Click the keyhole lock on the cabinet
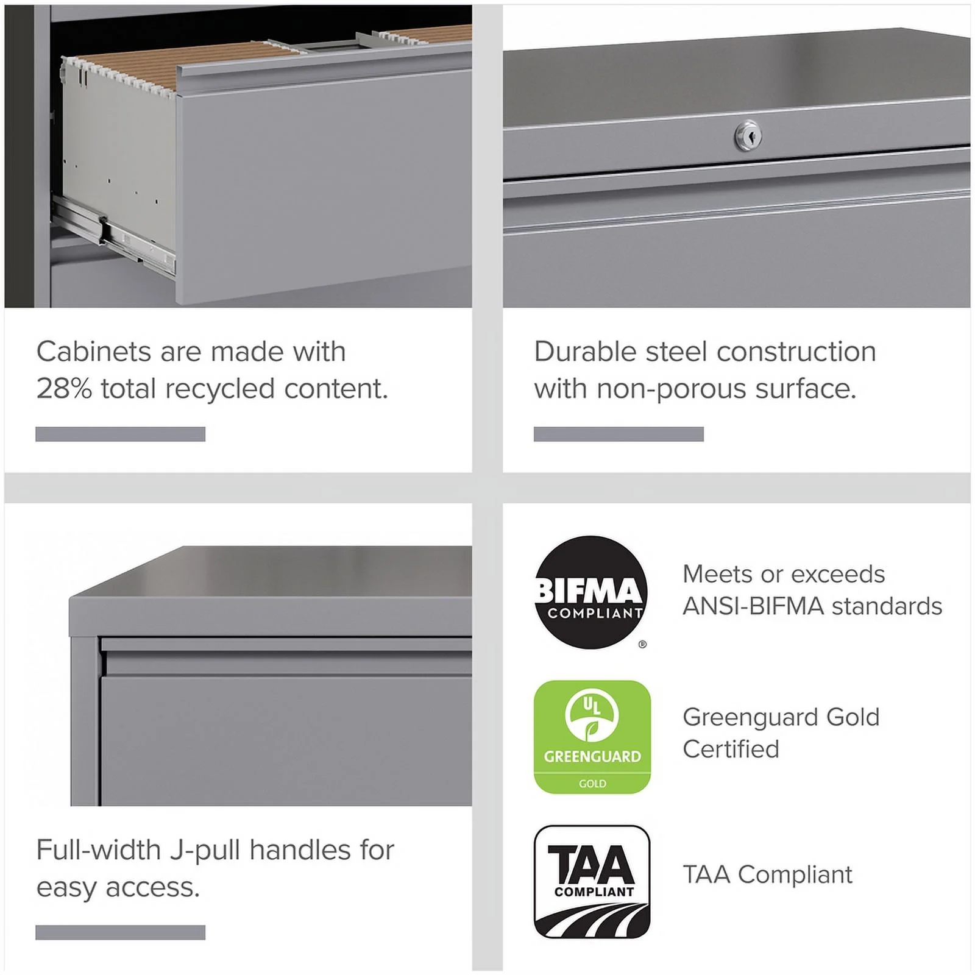[x=748, y=135]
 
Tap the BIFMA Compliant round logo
[x=590, y=592]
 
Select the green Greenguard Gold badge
[x=592, y=737]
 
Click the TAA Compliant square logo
[x=592, y=882]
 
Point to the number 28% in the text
[x=64, y=389]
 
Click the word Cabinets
[x=94, y=352]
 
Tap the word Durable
[x=586, y=352]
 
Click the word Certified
[x=731, y=750]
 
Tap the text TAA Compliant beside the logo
[x=767, y=875]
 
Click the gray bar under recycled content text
[x=120, y=434]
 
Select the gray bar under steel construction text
[x=619, y=434]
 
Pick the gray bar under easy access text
[x=120, y=932]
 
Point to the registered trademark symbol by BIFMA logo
[x=642, y=644]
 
